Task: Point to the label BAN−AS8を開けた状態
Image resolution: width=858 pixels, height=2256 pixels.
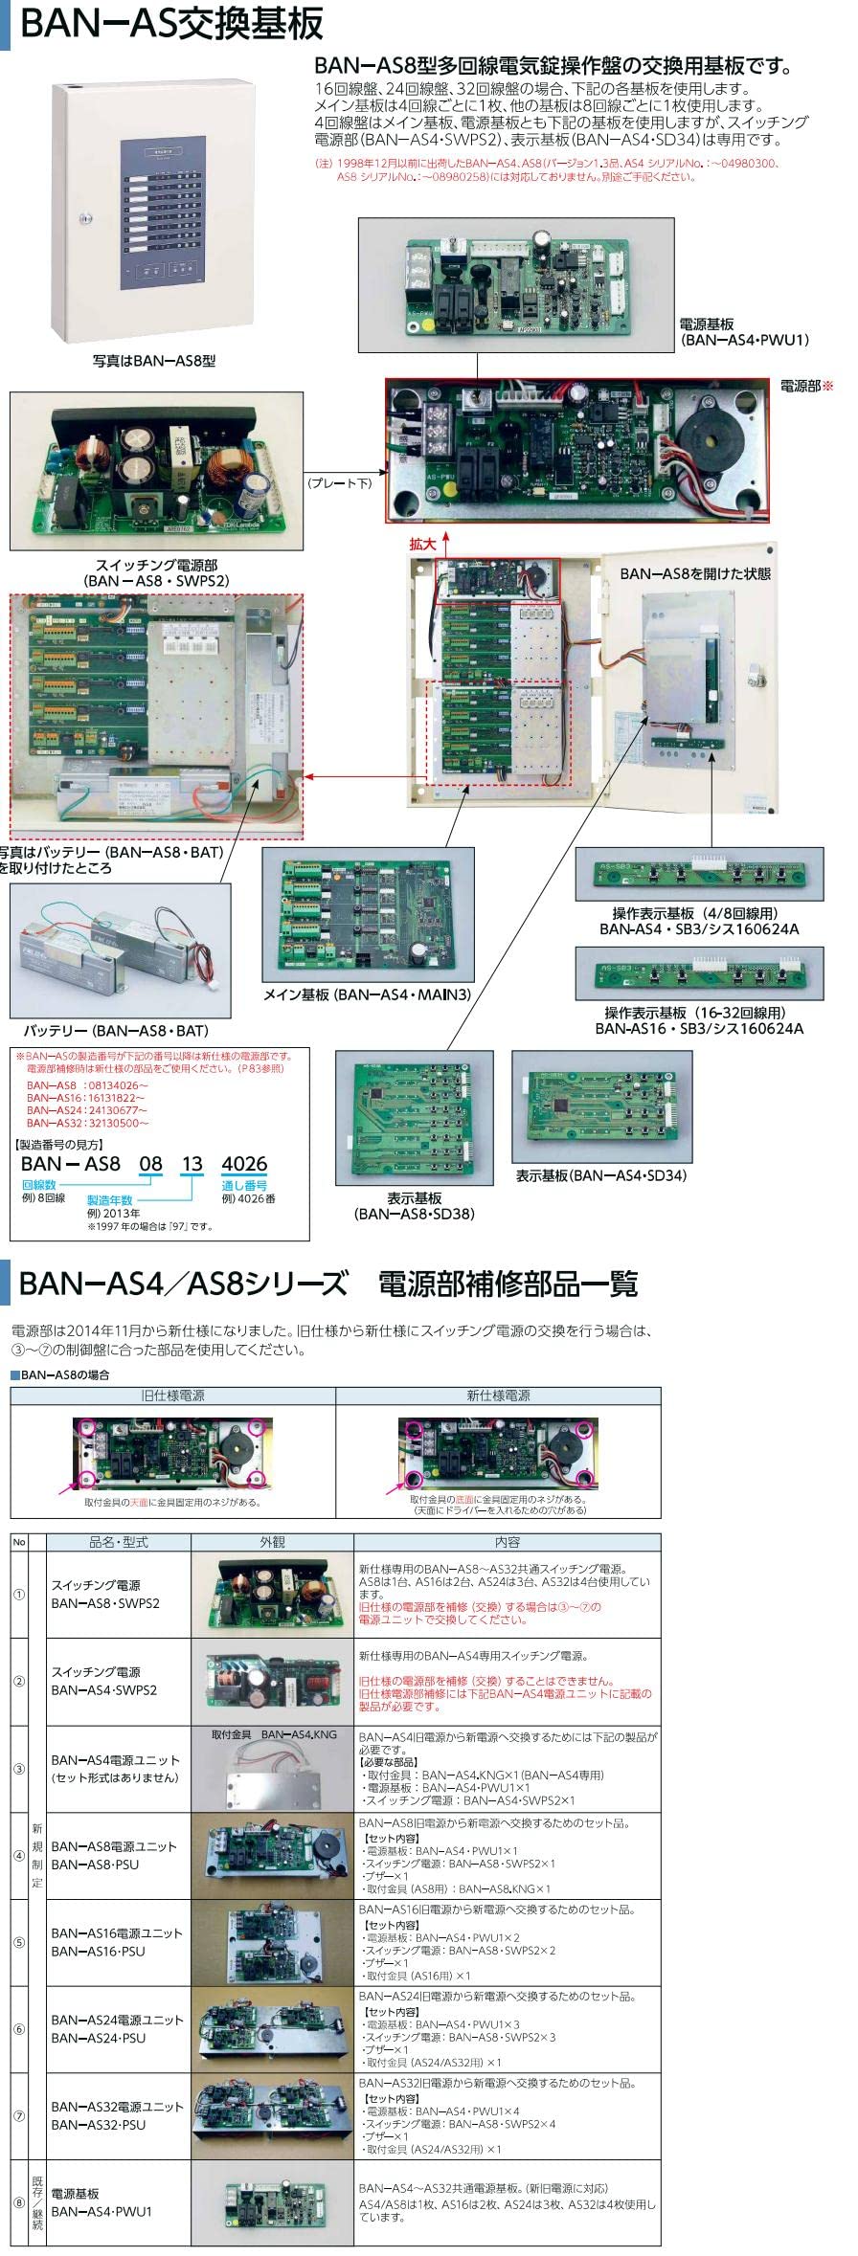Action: click(694, 574)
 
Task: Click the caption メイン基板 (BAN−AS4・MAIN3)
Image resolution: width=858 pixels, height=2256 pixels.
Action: click(367, 995)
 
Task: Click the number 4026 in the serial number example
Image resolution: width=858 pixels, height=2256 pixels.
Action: click(244, 1164)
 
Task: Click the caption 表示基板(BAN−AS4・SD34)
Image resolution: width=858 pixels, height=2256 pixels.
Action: click(600, 1175)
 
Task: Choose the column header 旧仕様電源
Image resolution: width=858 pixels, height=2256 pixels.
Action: click(173, 1396)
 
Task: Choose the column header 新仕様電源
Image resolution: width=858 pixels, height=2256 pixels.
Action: click(498, 1396)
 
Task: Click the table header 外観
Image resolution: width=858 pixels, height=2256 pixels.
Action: click(272, 1542)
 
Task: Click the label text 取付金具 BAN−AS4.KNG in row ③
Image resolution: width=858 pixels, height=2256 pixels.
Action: click(274, 1734)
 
